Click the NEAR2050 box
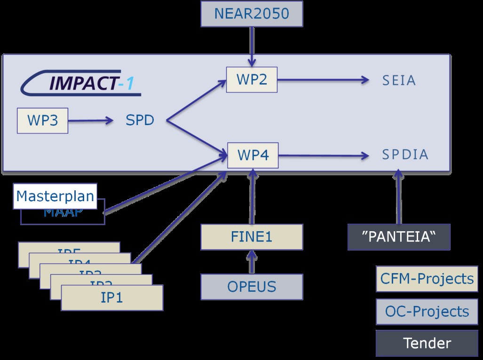251,13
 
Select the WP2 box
252,79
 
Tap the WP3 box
42,120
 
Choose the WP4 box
253,155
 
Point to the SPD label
140,120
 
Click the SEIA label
399,80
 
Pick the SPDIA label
405,155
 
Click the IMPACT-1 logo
80,84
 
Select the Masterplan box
55,196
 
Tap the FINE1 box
252,237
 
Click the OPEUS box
252,287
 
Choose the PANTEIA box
399,237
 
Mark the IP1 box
112,297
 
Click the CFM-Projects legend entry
427,279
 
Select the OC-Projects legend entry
427,312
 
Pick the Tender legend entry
427,343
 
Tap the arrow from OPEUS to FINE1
252,262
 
